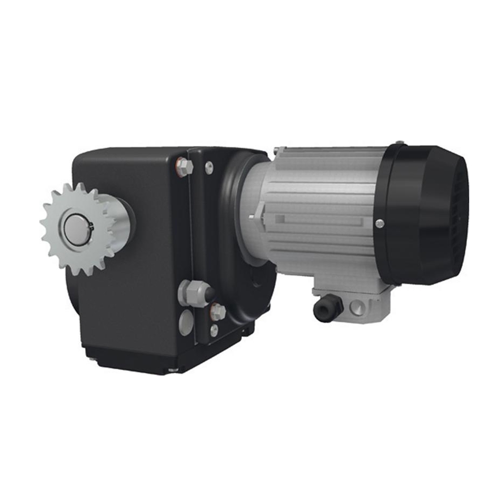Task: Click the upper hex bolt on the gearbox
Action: (x=184, y=167)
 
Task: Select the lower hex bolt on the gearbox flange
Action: (x=217, y=311)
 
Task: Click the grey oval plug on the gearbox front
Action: (x=186, y=323)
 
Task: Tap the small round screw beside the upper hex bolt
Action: (x=209, y=168)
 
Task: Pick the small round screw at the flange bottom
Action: (x=214, y=330)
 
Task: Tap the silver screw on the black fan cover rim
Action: (x=379, y=224)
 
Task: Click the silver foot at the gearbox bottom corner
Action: (x=173, y=369)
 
